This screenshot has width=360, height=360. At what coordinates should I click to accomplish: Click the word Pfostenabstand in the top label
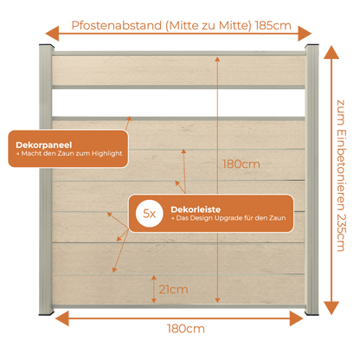tap(117, 26)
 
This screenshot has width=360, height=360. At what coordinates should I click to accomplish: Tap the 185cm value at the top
tap(273, 26)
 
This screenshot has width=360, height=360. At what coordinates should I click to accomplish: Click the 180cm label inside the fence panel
tap(241, 164)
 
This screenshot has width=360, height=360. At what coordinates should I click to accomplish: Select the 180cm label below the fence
tap(186, 329)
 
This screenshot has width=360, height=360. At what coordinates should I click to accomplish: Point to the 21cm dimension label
tap(173, 289)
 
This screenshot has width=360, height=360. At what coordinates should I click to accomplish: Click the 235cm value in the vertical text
tap(341, 233)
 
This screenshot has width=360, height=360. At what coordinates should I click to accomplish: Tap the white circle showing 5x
tap(150, 214)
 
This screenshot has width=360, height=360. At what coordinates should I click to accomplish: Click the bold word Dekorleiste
tap(196, 209)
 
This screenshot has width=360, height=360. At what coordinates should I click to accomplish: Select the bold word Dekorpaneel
tap(44, 145)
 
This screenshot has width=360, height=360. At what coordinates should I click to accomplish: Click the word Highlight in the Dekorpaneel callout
tap(107, 153)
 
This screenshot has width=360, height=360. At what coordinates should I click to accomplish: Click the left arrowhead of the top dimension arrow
tap(52, 34)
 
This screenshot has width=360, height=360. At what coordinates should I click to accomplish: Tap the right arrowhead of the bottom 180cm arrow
tap(297, 318)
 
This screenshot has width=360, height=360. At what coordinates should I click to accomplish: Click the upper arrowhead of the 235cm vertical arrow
tap(331, 53)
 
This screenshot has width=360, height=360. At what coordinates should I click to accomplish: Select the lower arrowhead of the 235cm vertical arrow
tap(331, 308)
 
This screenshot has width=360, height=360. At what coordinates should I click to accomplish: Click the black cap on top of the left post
tap(47, 46)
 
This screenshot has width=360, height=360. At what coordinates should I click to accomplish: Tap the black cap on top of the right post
tap(312, 46)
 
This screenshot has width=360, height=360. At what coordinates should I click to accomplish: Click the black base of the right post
tap(312, 313)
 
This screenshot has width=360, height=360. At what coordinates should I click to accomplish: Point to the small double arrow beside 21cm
tap(154, 289)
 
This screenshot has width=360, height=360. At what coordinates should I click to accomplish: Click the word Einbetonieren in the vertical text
tap(341, 170)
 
